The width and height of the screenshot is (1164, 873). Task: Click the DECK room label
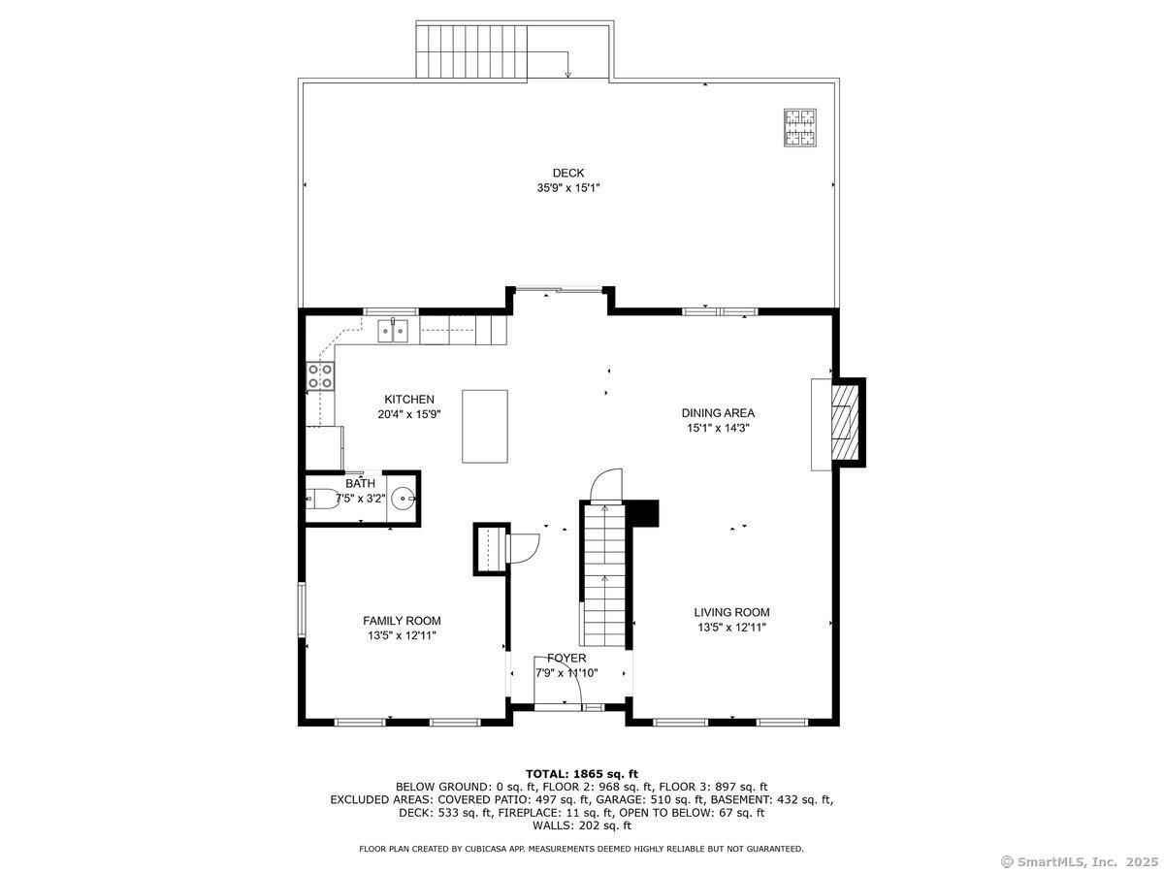tap(568, 173)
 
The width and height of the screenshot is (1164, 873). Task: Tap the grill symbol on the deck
tap(799, 128)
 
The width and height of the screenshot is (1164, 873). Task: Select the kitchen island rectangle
tap(485, 427)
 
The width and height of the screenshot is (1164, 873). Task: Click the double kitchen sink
tap(393, 331)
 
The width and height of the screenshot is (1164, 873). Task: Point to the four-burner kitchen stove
tap(320, 375)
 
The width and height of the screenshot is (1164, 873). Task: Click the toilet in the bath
tap(323, 499)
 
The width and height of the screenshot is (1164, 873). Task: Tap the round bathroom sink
tap(404, 499)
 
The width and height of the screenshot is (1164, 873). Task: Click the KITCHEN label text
tap(409, 400)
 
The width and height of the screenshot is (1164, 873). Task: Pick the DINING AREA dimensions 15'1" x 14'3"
tap(718, 429)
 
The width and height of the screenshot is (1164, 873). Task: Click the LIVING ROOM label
tap(731, 613)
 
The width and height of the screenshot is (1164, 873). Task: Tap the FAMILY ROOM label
tap(402, 621)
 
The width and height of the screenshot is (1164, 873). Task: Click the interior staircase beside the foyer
tap(604, 575)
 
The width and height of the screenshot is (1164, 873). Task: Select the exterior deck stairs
tap(471, 52)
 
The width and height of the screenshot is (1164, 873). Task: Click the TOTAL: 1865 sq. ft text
tap(582, 774)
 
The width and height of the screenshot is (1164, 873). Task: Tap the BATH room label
tap(360, 483)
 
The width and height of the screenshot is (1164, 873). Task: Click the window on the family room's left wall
tap(302, 609)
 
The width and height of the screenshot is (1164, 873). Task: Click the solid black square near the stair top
tap(643, 513)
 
